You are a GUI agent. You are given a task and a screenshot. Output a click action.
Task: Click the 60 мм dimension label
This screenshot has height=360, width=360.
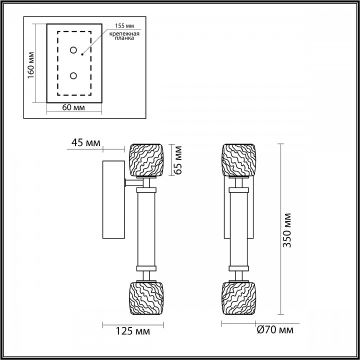coord(74,107)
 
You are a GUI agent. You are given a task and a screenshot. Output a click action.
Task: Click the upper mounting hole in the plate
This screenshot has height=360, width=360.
coord(73,50)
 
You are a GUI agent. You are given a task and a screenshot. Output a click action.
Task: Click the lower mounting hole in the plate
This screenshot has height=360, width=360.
coord(73,75)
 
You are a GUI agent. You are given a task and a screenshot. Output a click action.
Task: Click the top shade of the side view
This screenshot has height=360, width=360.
coord(147,160)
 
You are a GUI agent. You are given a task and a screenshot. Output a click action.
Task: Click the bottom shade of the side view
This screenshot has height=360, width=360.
coord(147,298)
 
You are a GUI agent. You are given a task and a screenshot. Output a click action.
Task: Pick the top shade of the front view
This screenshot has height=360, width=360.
coord(238,160)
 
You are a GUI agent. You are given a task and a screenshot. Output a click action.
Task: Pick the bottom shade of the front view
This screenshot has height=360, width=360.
coord(238,298)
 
